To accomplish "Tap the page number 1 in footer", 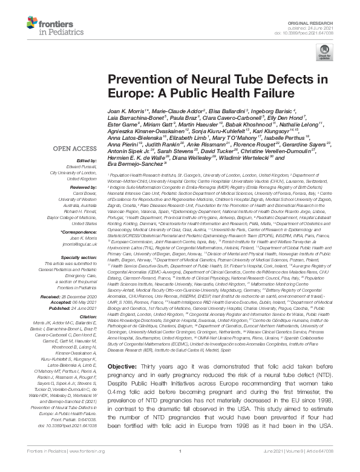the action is (180, 466).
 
